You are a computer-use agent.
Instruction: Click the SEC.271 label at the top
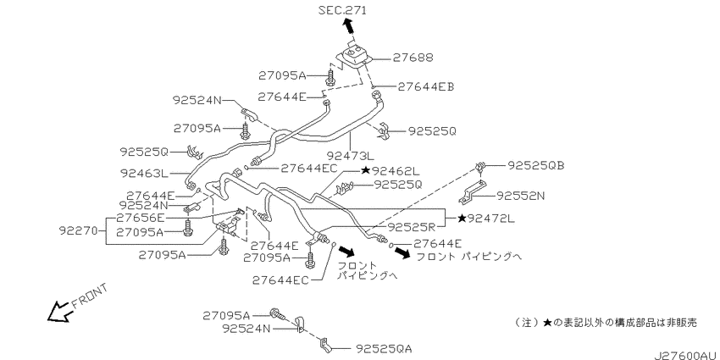[x=342, y=10]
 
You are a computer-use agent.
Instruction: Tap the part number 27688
[x=413, y=58]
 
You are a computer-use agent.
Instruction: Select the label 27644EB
[x=426, y=86]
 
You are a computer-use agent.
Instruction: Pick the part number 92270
[x=79, y=231]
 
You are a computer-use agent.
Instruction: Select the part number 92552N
[x=521, y=196]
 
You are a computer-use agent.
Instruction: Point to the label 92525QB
[x=535, y=165]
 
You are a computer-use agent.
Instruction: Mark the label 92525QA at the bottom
[x=383, y=349]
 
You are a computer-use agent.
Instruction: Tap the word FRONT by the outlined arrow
[x=89, y=296]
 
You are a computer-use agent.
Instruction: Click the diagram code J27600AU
[x=686, y=356]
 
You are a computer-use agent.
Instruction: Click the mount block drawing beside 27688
[x=354, y=58]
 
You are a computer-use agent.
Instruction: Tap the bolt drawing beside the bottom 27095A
[x=277, y=314]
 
